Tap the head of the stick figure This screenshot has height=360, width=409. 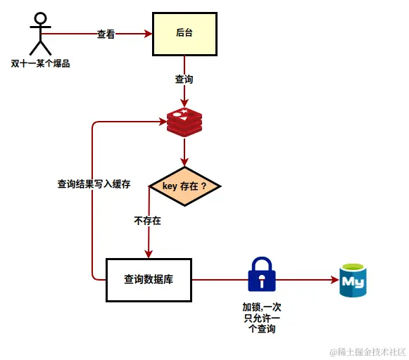[41, 18]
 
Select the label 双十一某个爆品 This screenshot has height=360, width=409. [41, 64]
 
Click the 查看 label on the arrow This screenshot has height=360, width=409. [106, 34]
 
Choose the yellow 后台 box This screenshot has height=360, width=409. [184, 33]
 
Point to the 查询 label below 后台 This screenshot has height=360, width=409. [184, 79]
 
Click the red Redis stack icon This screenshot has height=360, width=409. [184, 122]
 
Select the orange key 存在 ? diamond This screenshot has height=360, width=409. [184, 186]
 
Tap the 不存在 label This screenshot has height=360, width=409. [147, 221]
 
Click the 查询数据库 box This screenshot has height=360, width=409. [149, 279]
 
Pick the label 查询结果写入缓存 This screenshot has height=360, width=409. [94, 184]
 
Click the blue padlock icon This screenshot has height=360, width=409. [262, 274]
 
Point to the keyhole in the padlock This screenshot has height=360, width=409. [262, 281]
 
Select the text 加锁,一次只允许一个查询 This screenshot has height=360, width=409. [262, 318]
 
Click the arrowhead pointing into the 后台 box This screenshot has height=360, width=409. [149, 33]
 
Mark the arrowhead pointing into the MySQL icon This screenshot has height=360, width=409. [334, 279]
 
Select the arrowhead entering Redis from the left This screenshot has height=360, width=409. [162, 122]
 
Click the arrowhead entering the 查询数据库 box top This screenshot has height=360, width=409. [149, 254]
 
